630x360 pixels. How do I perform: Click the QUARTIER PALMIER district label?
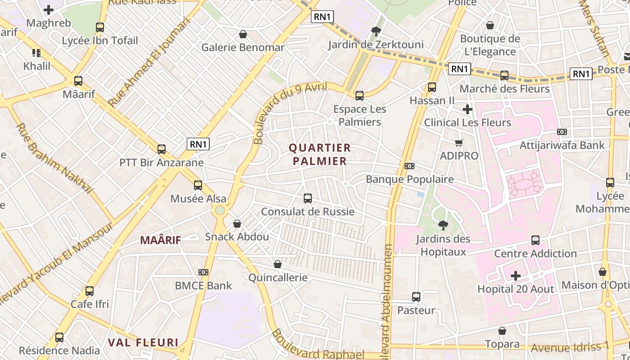tap(319, 154)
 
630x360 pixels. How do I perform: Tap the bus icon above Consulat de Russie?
tap(308, 198)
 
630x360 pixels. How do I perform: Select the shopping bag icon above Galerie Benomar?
tap(243, 34)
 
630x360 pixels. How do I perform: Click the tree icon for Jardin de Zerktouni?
tap(376, 31)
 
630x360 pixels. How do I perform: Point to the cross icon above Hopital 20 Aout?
tap(516, 275)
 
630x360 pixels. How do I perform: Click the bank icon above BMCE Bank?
tap(203, 272)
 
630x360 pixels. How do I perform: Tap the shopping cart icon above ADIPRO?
tap(459, 143)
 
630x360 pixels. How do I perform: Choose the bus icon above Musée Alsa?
tap(198, 185)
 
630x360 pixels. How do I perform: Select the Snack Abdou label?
tap(237, 237)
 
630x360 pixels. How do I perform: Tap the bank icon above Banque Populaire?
tap(409, 166)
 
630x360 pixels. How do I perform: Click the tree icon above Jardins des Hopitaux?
tap(443, 225)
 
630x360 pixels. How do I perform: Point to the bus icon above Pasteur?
tap(416, 297)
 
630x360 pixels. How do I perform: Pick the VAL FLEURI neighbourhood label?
tap(143, 342)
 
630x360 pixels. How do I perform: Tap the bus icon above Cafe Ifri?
tap(90, 291)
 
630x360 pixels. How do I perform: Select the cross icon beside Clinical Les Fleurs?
tap(468, 109)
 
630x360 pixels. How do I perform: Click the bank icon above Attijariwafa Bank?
tap(562, 132)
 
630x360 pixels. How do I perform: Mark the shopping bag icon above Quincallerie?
tap(278, 264)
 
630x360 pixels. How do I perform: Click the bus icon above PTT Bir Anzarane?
tap(162, 149)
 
